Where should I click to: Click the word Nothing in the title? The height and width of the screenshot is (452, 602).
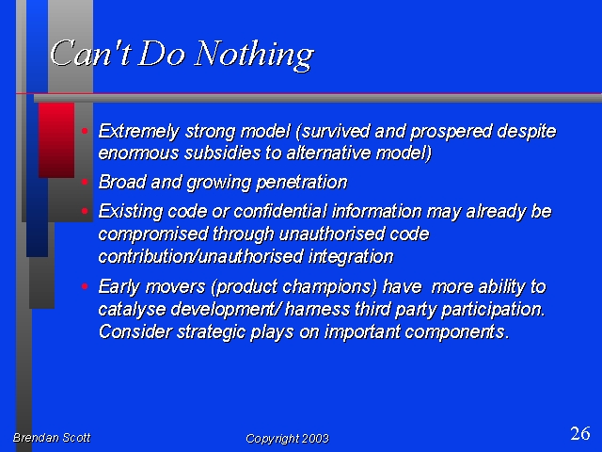pos(254,55)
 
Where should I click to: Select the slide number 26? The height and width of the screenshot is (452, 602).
pos(580,433)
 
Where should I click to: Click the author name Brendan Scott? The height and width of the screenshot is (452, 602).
pos(52,437)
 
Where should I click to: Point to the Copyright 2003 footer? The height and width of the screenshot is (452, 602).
pos(287,439)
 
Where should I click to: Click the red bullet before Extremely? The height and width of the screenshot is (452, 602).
pos(85,131)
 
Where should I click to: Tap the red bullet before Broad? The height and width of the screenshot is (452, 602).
pos(85,182)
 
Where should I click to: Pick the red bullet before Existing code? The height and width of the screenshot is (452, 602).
pos(85,211)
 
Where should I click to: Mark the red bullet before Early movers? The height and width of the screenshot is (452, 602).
pos(85,286)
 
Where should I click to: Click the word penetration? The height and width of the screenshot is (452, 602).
pos(301,182)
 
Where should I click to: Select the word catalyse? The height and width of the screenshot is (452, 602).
pos(132,310)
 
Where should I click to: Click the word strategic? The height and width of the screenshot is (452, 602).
pos(211,332)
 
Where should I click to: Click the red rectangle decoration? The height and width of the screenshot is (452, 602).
pos(56,140)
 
